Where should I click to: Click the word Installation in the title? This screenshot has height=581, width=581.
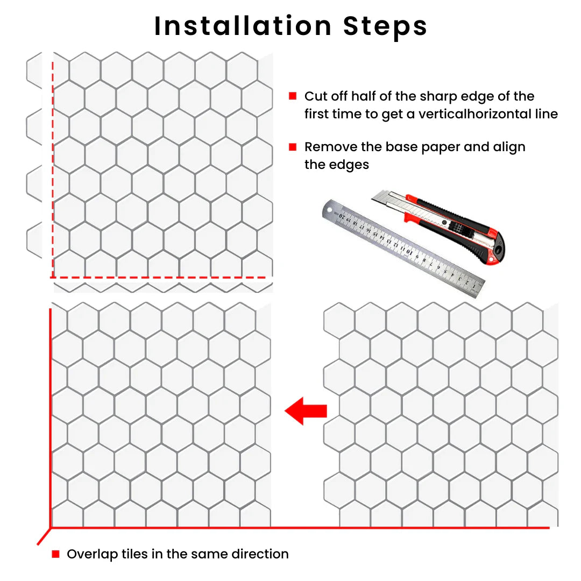coord(243,26)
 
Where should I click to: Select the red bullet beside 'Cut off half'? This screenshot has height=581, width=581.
coord(293,96)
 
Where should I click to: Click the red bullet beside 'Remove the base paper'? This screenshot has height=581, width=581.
coord(293,147)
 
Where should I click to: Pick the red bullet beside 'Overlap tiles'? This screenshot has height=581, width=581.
coord(55,554)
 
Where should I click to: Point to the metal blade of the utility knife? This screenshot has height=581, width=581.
coord(385,200)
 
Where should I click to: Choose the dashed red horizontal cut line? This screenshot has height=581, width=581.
coord(161,278)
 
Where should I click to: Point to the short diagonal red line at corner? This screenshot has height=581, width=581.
coord(44,536)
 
